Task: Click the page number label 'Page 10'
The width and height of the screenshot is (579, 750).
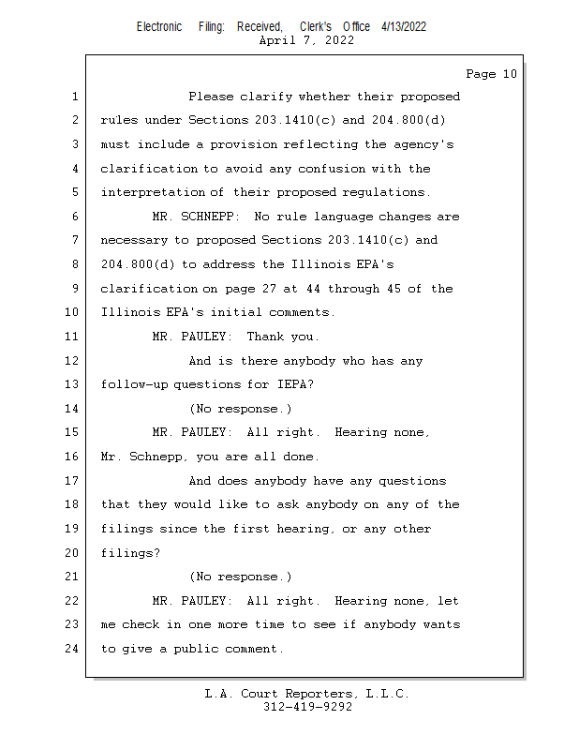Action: [491, 74]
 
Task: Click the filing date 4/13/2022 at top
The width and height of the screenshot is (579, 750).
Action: [404, 26]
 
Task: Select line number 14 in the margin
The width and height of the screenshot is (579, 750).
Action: [72, 409]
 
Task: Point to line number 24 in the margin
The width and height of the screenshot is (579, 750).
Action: [72, 649]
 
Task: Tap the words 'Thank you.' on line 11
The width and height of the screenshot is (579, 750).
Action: [283, 337]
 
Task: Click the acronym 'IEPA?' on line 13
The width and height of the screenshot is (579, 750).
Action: [295, 384]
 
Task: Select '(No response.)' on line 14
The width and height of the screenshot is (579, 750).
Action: [240, 409]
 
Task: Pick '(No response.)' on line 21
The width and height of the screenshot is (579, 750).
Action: [240, 577]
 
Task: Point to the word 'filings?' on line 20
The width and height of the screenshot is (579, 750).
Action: [130, 553]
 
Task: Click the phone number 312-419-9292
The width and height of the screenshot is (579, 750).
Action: [307, 708]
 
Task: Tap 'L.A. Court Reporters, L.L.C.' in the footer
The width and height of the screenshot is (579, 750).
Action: [307, 695]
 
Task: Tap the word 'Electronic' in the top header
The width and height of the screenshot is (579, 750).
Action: [159, 26]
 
